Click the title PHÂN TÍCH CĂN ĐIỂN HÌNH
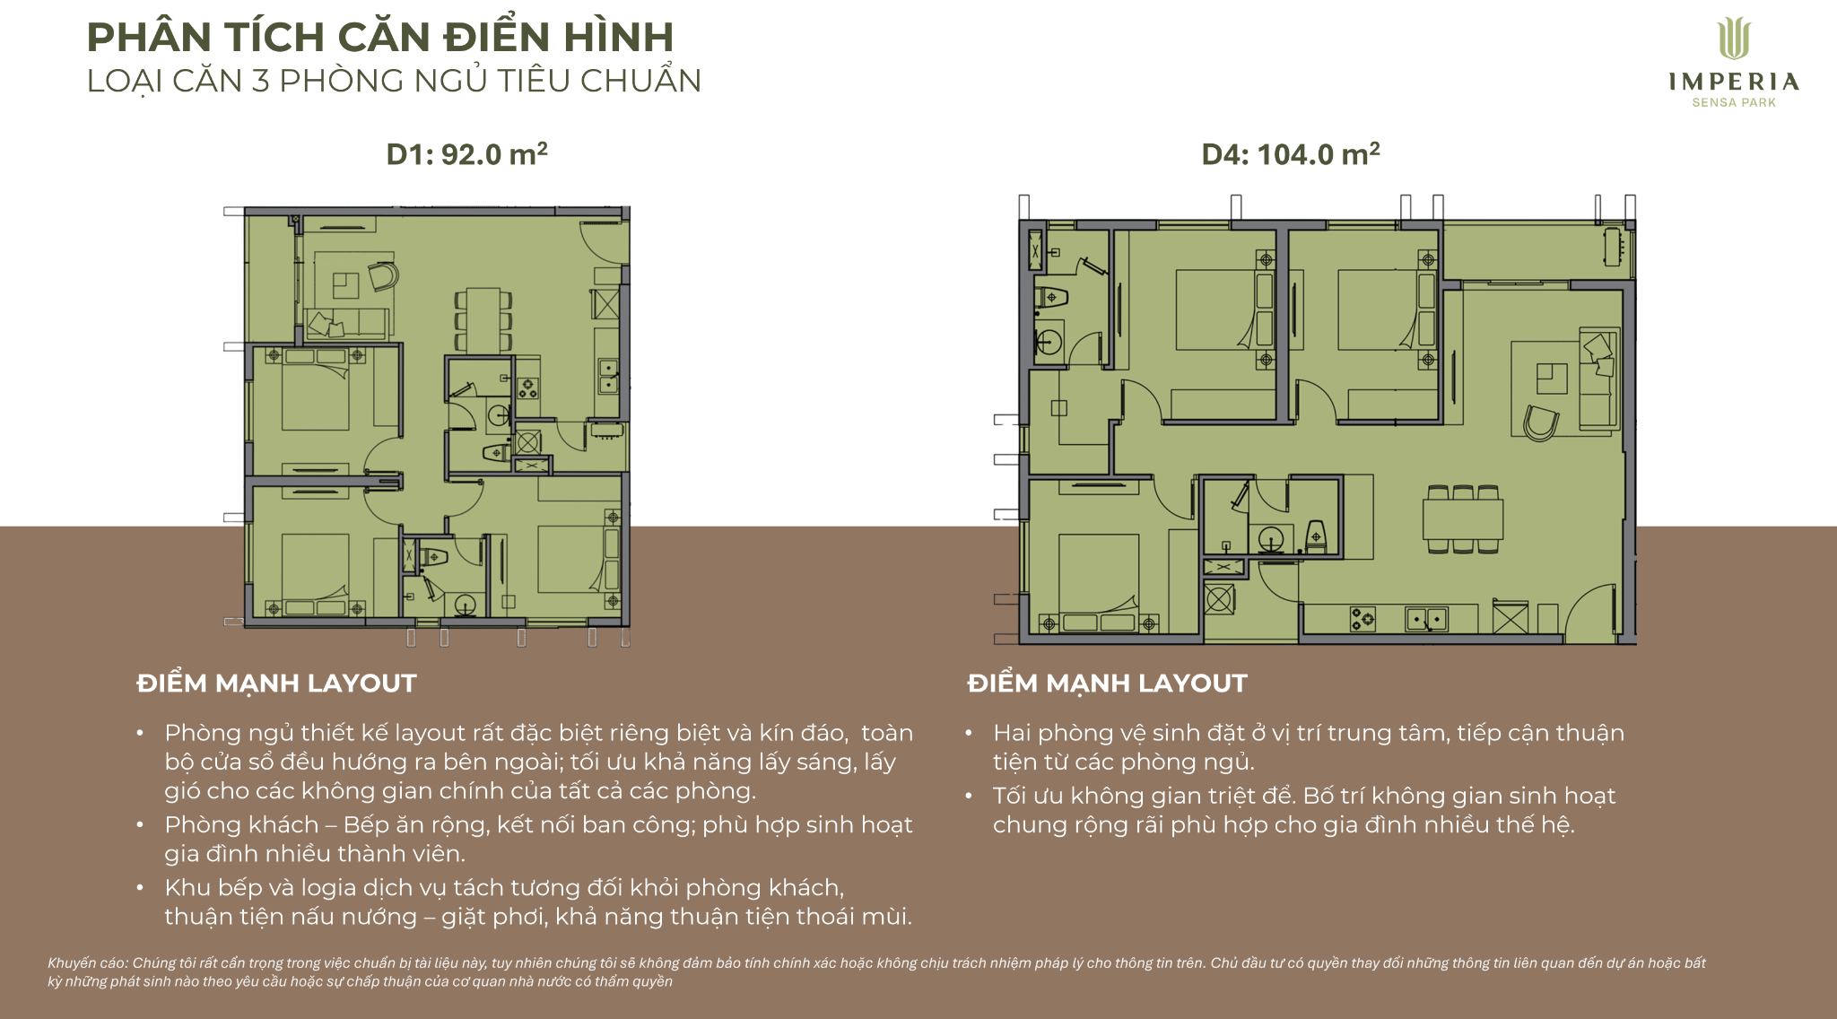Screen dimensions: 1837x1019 pos(380,37)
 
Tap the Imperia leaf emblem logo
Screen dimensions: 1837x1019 pos(1734,39)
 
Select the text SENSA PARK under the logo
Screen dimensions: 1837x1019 pos(1734,103)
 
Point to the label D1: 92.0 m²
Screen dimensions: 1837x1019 pos(466,153)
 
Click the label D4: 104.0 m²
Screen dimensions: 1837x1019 pos(1291,153)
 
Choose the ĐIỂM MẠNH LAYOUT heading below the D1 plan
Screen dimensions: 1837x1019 pos(276,684)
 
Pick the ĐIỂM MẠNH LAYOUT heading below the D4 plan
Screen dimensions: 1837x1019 pos(1107,684)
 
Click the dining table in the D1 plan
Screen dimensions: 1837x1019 pos(483,319)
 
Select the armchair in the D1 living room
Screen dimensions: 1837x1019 pos(382,275)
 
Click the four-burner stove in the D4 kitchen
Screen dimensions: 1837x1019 pos(1363,618)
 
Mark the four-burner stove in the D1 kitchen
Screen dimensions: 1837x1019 pos(527,388)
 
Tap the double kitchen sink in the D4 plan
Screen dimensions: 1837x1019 pos(1426,619)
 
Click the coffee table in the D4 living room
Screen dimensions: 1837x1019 pos(1552,379)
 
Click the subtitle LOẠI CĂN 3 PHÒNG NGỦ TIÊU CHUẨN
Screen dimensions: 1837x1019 pos(394,81)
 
